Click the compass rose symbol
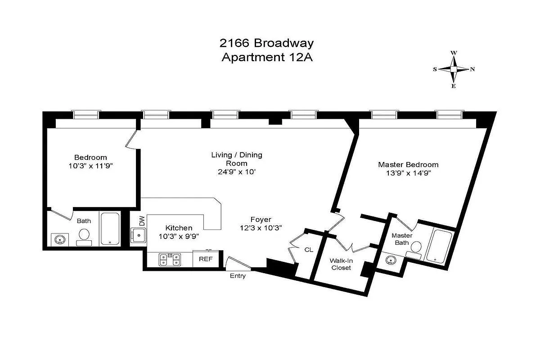point(454,69)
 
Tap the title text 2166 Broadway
point(266,43)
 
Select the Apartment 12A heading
point(266,58)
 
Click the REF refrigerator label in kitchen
point(206,260)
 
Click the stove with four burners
point(170,260)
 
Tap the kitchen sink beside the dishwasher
point(138,234)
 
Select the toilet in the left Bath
point(84,236)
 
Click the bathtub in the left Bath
point(110,229)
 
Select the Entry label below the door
point(238,276)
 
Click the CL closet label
point(309,249)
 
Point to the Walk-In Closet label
point(341,264)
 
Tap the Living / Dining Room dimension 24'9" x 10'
point(237,171)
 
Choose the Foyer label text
point(261,220)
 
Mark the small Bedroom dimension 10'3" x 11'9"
point(90,165)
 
